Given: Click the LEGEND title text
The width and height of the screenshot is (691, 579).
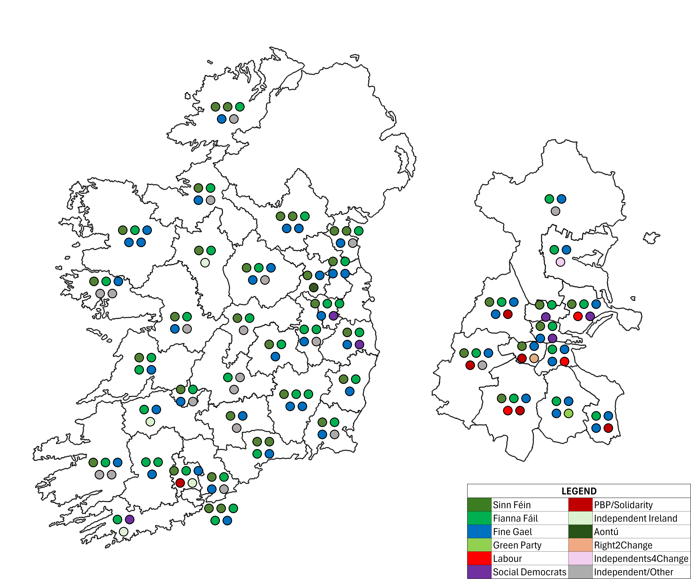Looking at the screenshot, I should click(x=579, y=491).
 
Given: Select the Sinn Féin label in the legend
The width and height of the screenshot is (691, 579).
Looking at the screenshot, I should click(x=512, y=505).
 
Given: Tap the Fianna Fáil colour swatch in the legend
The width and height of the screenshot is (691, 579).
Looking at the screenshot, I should click(x=479, y=518).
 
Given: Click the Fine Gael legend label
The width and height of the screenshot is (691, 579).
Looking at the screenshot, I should click(x=512, y=532).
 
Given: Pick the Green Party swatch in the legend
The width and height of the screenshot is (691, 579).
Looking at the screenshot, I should click(x=479, y=545).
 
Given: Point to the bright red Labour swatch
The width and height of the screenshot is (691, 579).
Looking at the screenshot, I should click(x=479, y=559).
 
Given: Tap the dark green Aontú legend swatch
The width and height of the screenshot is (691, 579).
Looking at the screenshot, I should click(x=580, y=532).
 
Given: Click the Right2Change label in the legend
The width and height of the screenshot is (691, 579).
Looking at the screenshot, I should click(x=623, y=545).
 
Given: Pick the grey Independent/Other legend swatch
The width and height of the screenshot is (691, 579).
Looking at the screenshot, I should click(x=580, y=572).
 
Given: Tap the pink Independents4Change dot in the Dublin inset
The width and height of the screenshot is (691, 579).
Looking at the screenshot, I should click(x=560, y=262).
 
